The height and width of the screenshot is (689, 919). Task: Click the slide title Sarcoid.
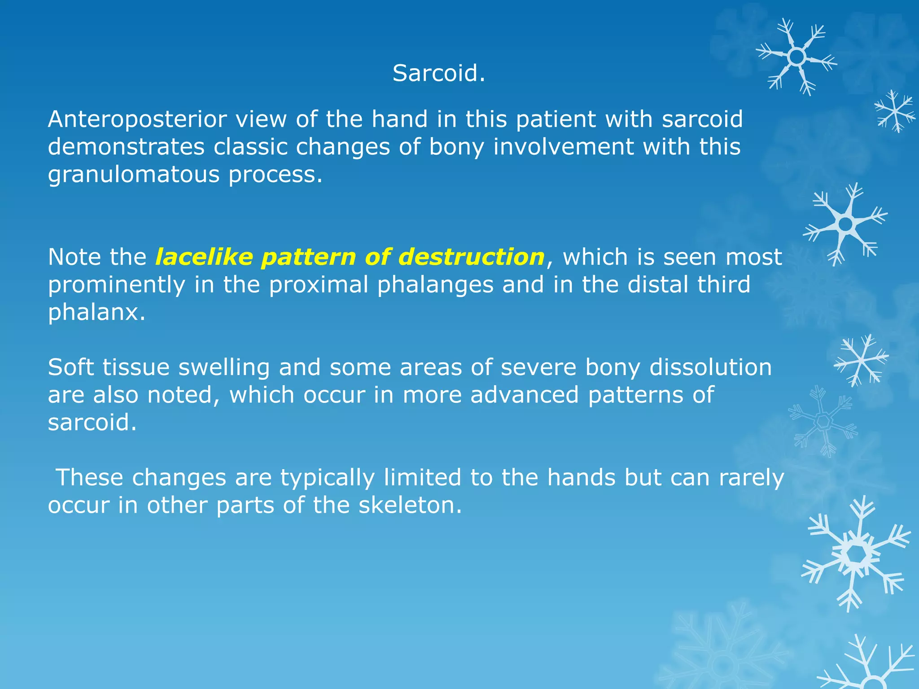tap(438, 73)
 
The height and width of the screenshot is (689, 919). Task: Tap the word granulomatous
tap(134, 174)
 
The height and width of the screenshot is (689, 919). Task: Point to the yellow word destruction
tap(471, 257)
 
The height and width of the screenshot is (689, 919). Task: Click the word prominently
tap(116, 285)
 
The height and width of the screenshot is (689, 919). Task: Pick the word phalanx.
tap(96, 312)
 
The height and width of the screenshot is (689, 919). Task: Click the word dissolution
tap(710, 367)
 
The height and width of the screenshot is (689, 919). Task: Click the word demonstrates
tap(126, 147)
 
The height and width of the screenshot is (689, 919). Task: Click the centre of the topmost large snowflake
tap(796, 57)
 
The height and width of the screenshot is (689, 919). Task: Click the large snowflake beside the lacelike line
tap(845, 224)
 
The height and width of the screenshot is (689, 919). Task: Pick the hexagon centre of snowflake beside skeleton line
tap(858, 555)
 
